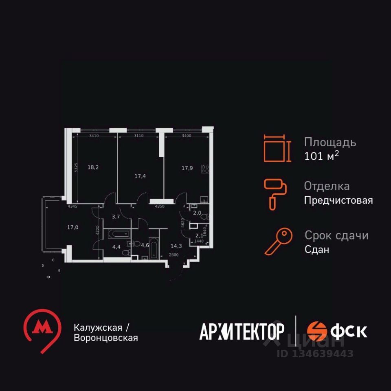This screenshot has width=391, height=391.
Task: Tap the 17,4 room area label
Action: click(140, 176)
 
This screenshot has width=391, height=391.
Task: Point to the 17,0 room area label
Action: click(72, 227)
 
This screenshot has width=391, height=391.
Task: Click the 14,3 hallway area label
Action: click(176, 246)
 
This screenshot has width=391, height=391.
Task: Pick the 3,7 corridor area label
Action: click(116, 216)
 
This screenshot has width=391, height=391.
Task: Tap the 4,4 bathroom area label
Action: click(116, 246)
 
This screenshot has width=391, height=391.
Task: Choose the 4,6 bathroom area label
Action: click(145, 245)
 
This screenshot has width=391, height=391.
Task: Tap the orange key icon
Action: click(279, 241)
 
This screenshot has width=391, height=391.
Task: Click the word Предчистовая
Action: click(338, 200)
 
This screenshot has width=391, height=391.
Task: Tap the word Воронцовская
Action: click(106, 338)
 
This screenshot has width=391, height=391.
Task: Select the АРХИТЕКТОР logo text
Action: click(242, 331)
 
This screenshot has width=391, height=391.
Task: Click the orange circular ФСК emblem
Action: click(317, 331)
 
